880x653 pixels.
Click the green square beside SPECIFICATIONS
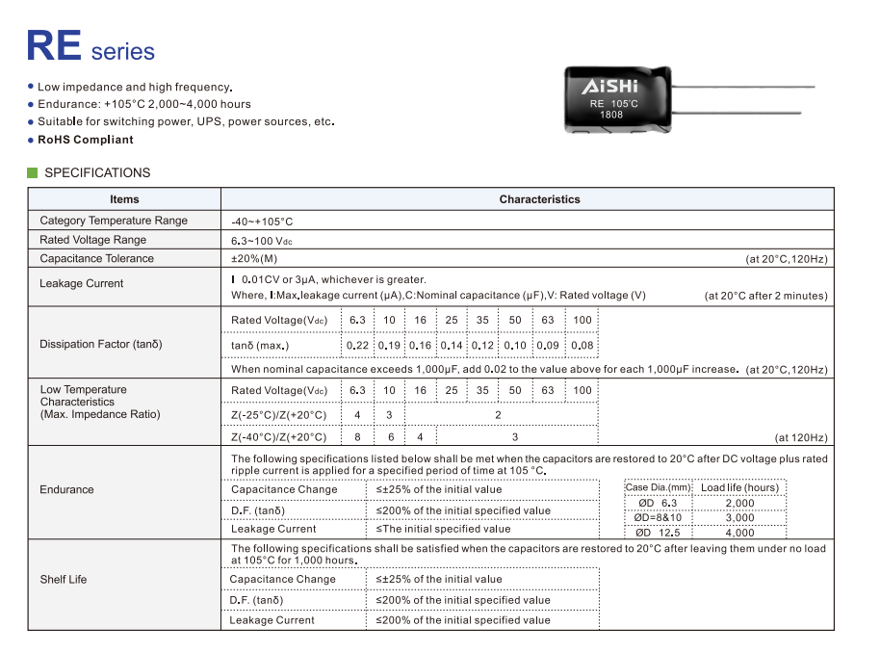pos(33,173)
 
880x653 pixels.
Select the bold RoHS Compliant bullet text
pos(86,140)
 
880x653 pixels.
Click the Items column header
pos(124,199)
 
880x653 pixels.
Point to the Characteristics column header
pos(539,199)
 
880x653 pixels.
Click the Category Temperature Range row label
pos(114,221)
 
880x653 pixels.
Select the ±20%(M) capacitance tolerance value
pos(254,258)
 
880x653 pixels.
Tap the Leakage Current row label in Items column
pos(82,283)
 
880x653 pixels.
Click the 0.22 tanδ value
pos(358,345)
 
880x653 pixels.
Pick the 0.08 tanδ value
pos(582,345)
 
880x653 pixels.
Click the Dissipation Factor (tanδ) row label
pos(101,344)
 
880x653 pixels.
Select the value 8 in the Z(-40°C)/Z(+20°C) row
pos(358,437)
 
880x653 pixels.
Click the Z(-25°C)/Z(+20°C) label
pos(279,415)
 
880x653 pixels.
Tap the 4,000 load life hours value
pos(739,533)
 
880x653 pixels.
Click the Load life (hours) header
pos(739,487)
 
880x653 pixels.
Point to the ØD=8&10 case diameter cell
pos(658,518)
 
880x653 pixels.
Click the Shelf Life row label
pos(64,580)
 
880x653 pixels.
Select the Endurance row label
pos(66,489)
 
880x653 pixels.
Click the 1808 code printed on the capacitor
pos(611,115)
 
